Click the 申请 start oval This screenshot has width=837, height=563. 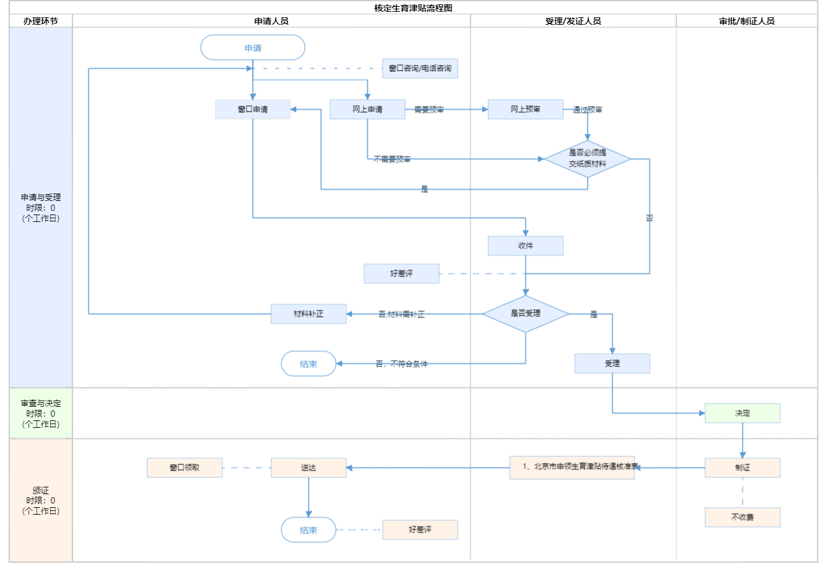253,48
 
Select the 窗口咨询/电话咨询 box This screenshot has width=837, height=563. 420,68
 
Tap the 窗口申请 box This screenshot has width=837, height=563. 253,109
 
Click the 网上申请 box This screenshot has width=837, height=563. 367,109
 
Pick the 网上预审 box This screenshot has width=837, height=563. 525,109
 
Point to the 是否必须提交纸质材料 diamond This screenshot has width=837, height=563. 587,159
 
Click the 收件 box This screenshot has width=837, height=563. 525,246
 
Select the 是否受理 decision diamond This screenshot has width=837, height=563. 525,314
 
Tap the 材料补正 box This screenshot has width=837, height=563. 308,314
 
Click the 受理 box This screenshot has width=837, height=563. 612,363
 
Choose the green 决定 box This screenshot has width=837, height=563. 742,413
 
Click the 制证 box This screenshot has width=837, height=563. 742,468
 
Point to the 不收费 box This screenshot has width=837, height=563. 742,517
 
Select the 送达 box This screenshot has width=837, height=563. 308,468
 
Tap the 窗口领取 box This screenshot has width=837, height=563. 184,468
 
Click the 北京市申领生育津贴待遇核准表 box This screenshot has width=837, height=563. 572,468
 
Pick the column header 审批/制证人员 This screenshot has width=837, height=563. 746,21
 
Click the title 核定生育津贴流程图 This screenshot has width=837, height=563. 414,8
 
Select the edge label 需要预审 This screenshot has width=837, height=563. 429,110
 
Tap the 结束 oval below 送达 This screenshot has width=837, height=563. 308,530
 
